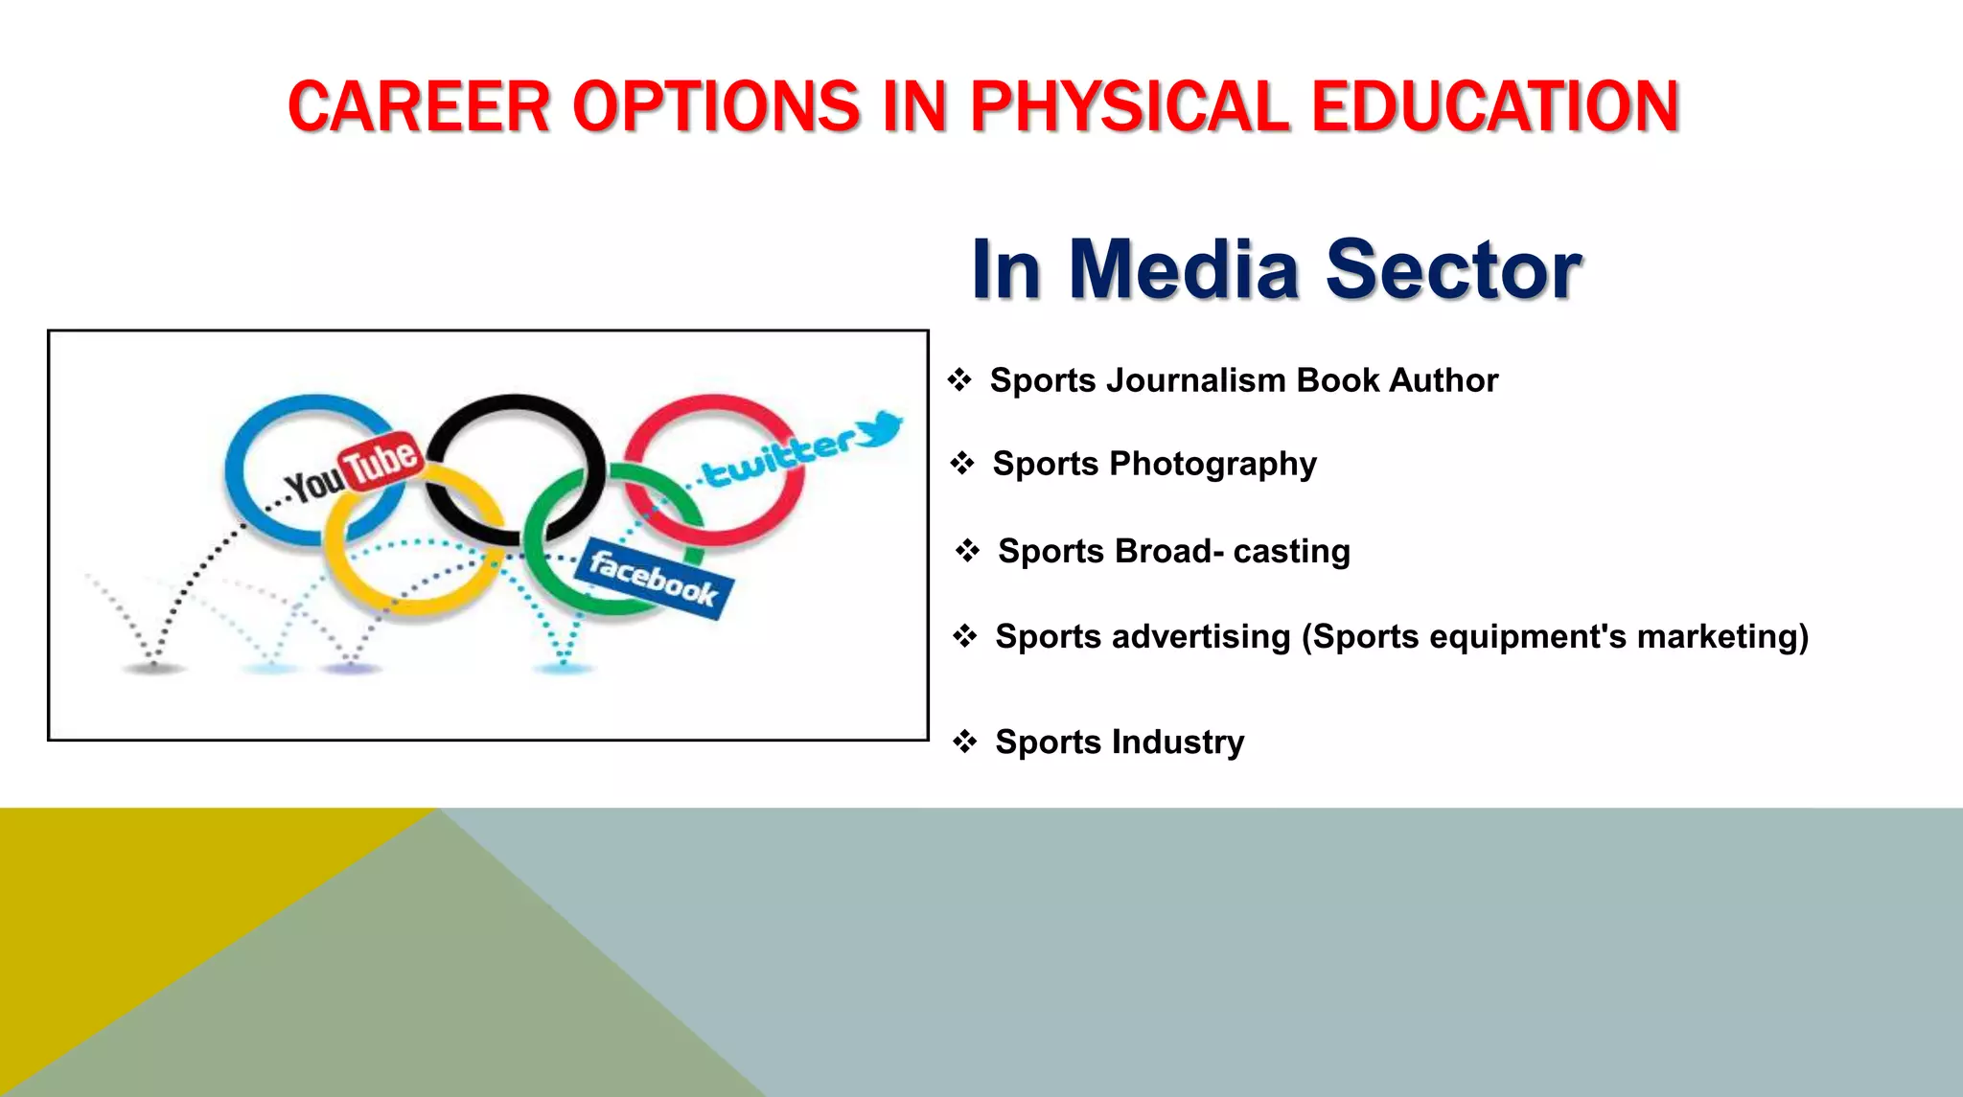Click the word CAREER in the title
click(x=419, y=106)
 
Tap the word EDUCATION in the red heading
click(x=1494, y=106)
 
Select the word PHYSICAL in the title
click(x=1129, y=106)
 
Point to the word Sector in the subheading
click(x=1453, y=269)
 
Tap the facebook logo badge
click(x=654, y=579)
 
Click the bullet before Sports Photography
click(x=961, y=465)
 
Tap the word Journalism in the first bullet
click(x=1195, y=380)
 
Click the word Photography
click(x=1212, y=465)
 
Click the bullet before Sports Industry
click(x=964, y=742)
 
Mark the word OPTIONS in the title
click(x=716, y=106)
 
